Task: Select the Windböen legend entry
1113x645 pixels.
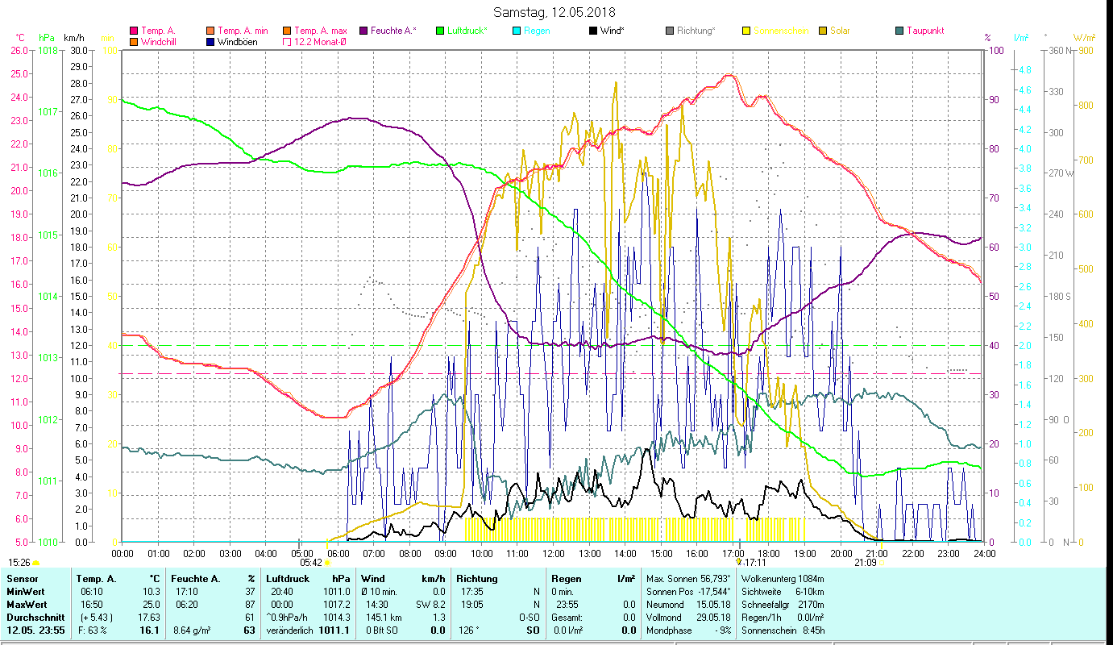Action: tap(237, 42)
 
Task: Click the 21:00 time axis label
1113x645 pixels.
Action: tap(877, 553)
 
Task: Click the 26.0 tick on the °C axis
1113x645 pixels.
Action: tap(19, 50)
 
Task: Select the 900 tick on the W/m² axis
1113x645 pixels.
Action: tap(1084, 50)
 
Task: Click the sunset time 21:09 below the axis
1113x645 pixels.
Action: tap(866, 563)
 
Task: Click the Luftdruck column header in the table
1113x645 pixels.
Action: tap(288, 579)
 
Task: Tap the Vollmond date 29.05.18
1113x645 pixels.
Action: tap(715, 617)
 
